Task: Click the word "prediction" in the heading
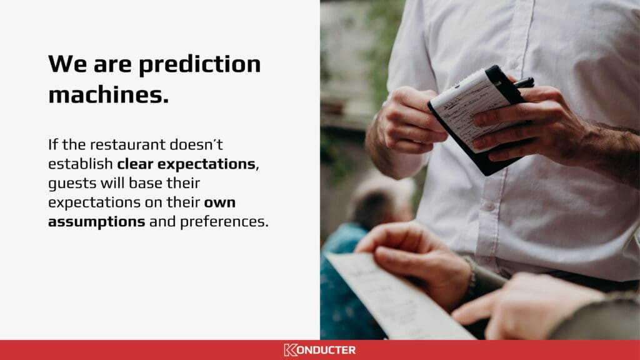[x=200, y=64]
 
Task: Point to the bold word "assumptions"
[x=97, y=222]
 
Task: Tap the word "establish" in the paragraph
[x=80, y=164]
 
